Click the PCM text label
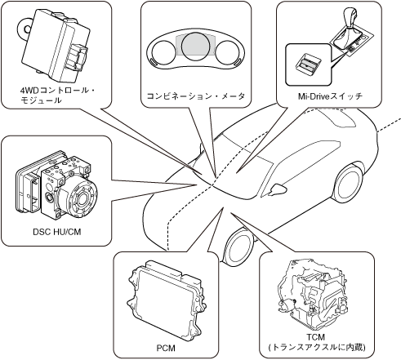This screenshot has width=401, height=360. [166, 348]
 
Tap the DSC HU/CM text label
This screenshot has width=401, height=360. [57, 232]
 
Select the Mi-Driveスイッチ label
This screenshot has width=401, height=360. [330, 96]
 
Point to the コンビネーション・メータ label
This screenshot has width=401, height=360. [196, 96]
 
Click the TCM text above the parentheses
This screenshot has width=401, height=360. [316, 337]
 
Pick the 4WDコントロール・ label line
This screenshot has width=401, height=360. [58, 91]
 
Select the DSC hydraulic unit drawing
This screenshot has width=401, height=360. [56, 185]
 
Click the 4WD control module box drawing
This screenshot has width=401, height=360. [55, 46]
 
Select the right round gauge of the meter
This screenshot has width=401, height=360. [227, 52]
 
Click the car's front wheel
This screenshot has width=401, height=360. [238, 247]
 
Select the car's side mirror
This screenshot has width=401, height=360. [277, 189]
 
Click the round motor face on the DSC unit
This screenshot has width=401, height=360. [81, 198]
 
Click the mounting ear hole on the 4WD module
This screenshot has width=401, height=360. [27, 29]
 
